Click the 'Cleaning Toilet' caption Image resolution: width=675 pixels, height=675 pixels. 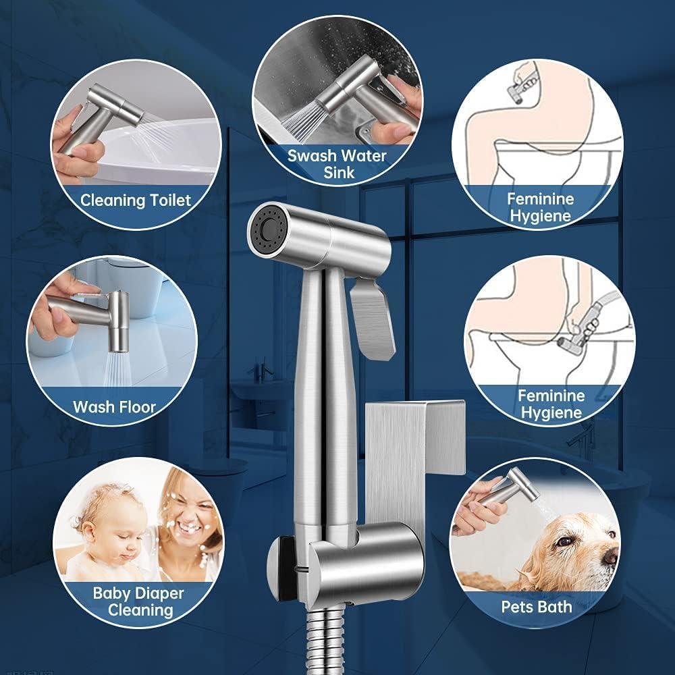[x=136, y=200]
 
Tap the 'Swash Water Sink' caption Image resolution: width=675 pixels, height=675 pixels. [x=337, y=164]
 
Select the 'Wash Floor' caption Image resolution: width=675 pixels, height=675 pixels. [x=114, y=406]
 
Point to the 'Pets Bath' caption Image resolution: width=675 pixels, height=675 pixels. [x=536, y=605]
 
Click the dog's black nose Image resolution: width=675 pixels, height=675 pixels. [x=610, y=555]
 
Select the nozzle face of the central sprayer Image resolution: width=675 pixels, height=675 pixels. [x=265, y=231]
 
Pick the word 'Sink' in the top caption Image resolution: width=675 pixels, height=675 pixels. [x=337, y=173]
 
